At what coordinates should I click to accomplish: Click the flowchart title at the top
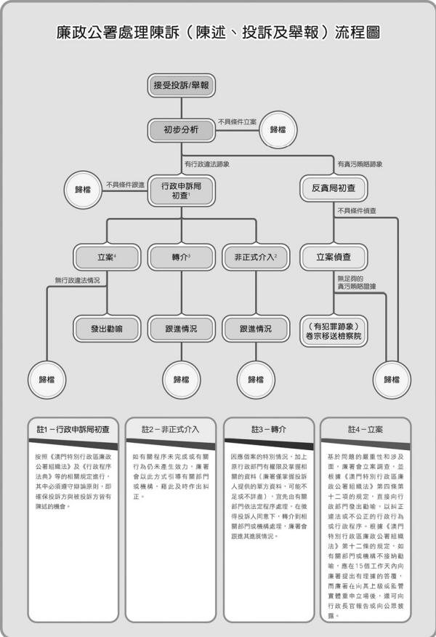pyautogui.click(x=218, y=33)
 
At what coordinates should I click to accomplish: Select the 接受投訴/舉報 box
pyautogui.click(x=181, y=86)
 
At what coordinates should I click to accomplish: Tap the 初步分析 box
pyautogui.click(x=181, y=130)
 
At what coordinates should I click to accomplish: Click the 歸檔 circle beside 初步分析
pyautogui.click(x=278, y=129)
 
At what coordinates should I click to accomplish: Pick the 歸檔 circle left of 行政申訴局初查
pyautogui.click(x=84, y=188)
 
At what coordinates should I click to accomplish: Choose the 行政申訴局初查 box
pyautogui.click(x=181, y=191)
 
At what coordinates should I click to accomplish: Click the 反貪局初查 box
pyautogui.click(x=334, y=188)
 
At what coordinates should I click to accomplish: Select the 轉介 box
pyautogui.click(x=181, y=257)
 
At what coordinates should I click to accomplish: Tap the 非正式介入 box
pyautogui.click(x=256, y=257)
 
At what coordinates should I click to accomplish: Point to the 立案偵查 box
pyautogui.click(x=334, y=257)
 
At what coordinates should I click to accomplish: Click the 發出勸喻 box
pyautogui.click(x=107, y=329)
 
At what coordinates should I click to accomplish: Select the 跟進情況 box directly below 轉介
pyautogui.click(x=181, y=329)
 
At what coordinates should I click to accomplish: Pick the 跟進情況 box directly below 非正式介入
pyautogui.click(x=256, y=329)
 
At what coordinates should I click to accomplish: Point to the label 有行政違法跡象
pyautogui.click(x=207, y=164)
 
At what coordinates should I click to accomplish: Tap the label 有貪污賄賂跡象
pyautogui.click(x=360, y=164)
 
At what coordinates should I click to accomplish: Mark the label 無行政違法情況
pyautogui.click(x=77, y=279)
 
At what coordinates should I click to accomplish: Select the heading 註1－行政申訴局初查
pyautogui.click(x=73, y=430)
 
